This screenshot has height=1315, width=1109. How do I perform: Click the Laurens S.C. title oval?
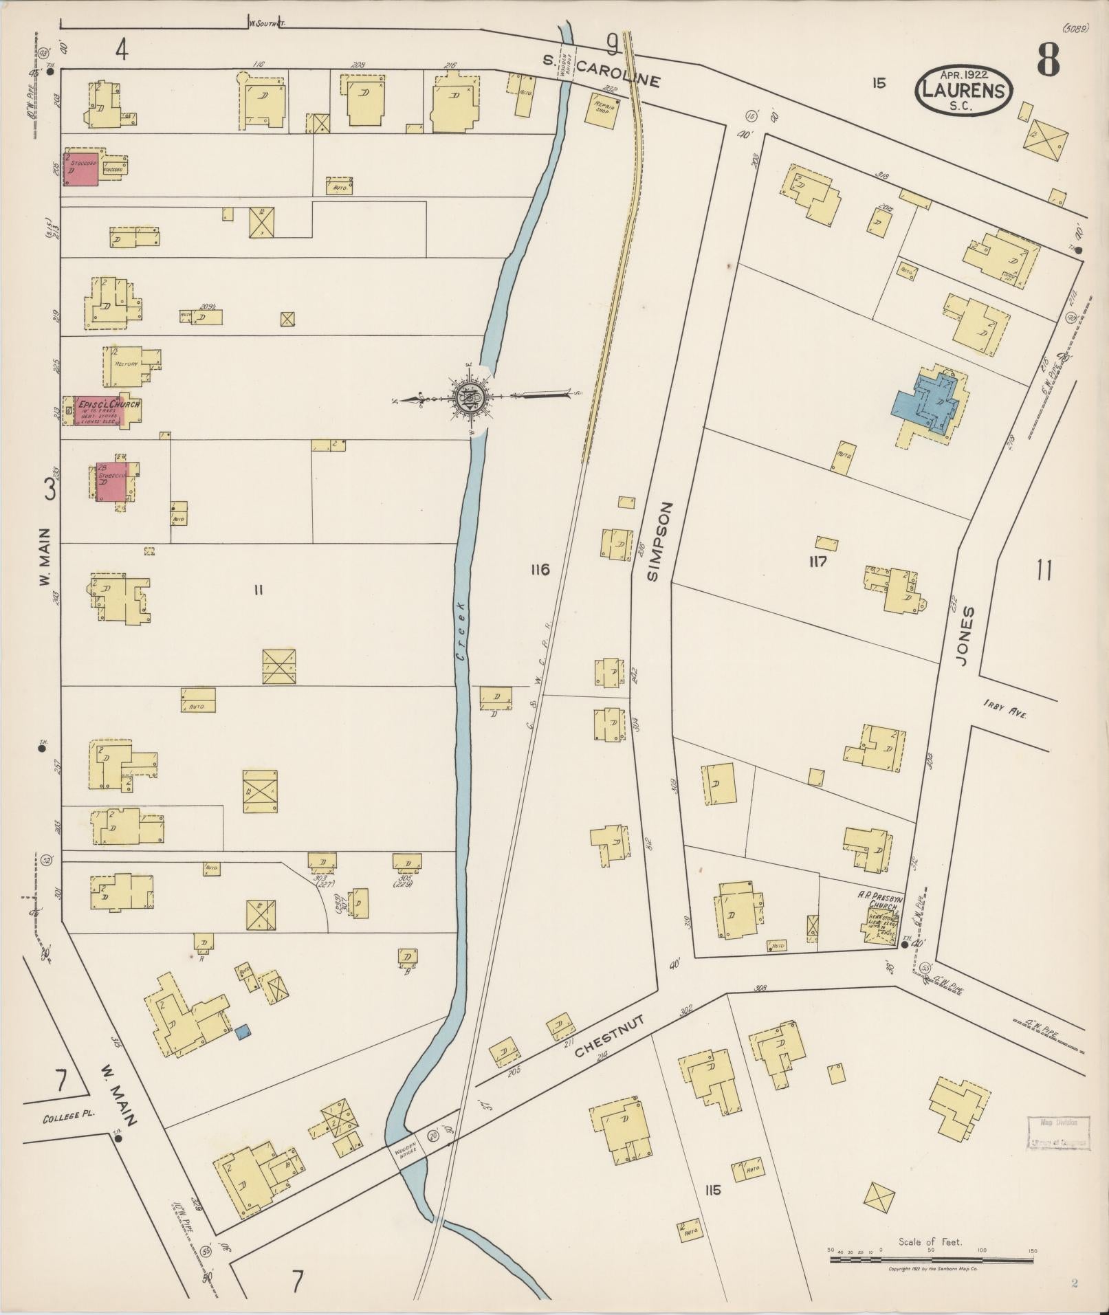(964, 89)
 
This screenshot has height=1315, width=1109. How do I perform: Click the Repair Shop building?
(600, 107)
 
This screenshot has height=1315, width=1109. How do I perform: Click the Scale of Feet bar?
(932, 1260)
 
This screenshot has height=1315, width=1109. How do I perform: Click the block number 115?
(712, 1190)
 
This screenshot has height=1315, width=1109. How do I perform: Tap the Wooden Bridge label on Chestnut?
(404, 1155)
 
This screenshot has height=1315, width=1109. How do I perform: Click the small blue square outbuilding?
(242, 1031)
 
